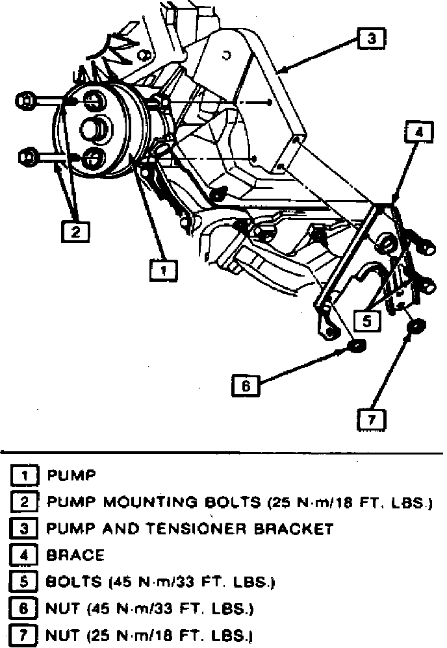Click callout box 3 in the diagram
371,39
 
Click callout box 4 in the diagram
419,132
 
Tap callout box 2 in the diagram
75,231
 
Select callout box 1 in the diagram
164,269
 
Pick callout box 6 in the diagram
245,385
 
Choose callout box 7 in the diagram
372,419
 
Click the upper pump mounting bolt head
25,101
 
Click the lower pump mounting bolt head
26,156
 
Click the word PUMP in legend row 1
71,476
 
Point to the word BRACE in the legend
75,555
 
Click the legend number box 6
23,608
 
